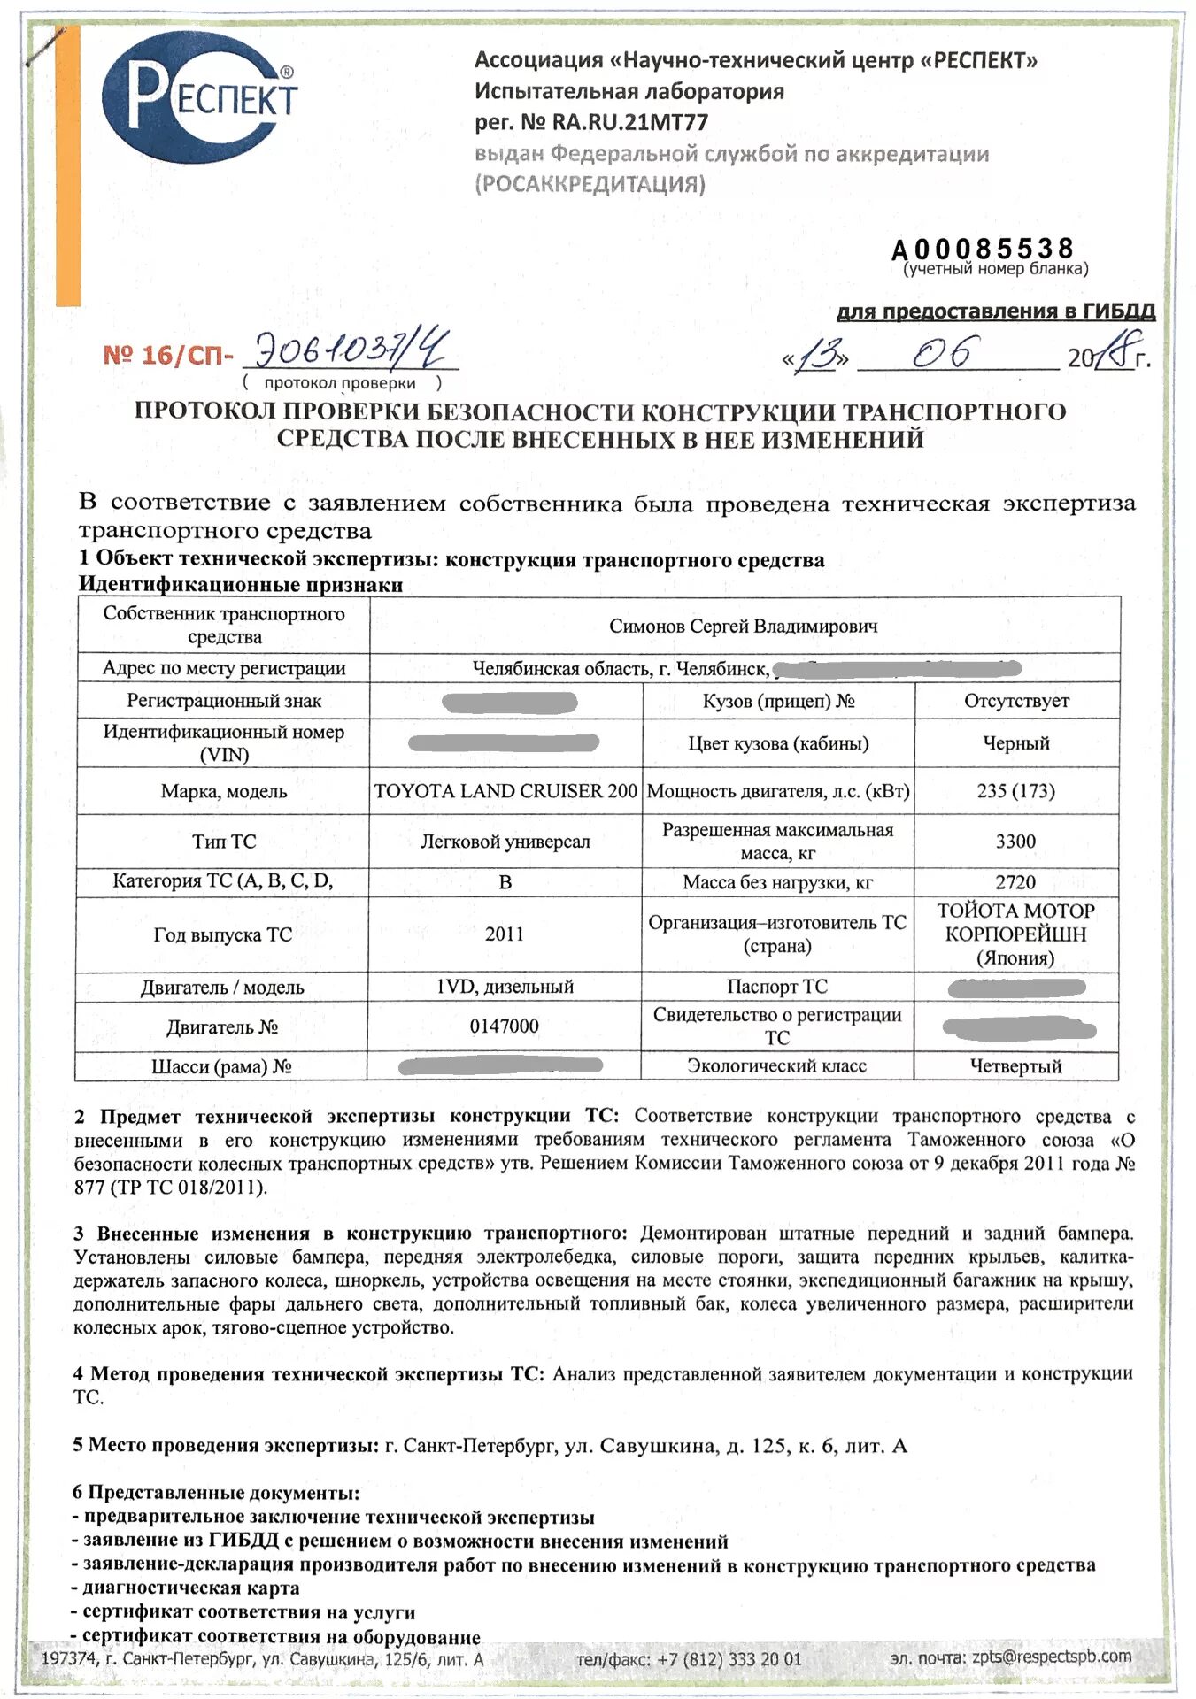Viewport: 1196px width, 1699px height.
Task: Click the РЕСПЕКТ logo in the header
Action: (199, 97)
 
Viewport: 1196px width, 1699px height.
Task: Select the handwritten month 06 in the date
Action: (945, 353)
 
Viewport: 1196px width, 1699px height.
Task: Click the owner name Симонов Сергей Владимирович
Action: (743, 627)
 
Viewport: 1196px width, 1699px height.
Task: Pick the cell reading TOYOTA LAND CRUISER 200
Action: (505, 791)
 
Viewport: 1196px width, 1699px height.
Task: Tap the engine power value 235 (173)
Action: (1015, 791)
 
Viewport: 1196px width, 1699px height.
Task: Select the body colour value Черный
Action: (1015, 743)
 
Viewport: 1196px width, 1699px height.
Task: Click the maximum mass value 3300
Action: (1015, 842)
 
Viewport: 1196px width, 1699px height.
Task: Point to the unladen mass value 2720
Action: (1015, 882)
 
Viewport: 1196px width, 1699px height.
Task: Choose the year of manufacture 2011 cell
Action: (505, 934)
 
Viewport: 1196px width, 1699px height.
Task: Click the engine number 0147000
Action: (505, 1026)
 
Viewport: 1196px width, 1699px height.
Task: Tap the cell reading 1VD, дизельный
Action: (505, 987)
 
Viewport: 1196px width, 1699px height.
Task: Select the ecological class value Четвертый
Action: (1015, 1066)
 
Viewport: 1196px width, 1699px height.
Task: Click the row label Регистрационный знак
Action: (224, 701)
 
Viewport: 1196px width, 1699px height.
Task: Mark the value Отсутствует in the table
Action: (1015, 701)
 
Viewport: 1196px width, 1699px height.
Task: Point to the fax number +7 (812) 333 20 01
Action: (729, 1659)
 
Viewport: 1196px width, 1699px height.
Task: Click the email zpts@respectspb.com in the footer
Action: (1051, 1657)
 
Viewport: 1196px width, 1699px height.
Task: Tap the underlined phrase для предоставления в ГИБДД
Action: (996, 311)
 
